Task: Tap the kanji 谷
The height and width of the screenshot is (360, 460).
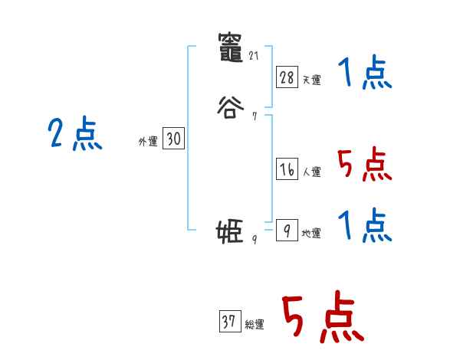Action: (230, 106)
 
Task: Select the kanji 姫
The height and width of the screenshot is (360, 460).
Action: (230, 230)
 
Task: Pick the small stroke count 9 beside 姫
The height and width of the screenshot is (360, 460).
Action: (254, 240)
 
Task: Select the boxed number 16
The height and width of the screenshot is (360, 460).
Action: (287, 170)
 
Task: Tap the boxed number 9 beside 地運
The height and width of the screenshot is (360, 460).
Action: (287, 230)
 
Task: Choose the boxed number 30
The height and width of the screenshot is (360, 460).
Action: (173, 139)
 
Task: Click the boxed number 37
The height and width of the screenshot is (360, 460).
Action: (229, 322)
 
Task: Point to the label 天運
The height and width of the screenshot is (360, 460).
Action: (311, 80)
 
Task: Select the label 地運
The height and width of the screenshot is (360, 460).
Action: (311, 234)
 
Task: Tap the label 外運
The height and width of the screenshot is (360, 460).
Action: (148, 142)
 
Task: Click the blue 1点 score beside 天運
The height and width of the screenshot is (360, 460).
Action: (365, 75)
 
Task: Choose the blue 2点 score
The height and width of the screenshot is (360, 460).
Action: (74, 136)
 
